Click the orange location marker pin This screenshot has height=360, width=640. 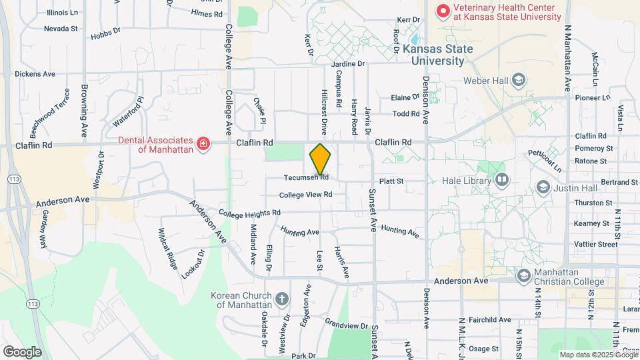click(x=320, y=159)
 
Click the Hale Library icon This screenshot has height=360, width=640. click(x=501, y=180)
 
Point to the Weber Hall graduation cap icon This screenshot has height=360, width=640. click(x=517, y=81)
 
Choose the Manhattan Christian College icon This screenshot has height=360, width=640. click(x=524, y=275)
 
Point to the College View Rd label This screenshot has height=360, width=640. click(x=305, y=195)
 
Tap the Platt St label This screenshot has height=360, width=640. click(x=391, y=181)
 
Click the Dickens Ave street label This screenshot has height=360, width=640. click(x=35, y=74)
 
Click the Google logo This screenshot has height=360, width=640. click(x=22, y=352)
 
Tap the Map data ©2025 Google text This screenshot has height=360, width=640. click(x=598, y=355)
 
